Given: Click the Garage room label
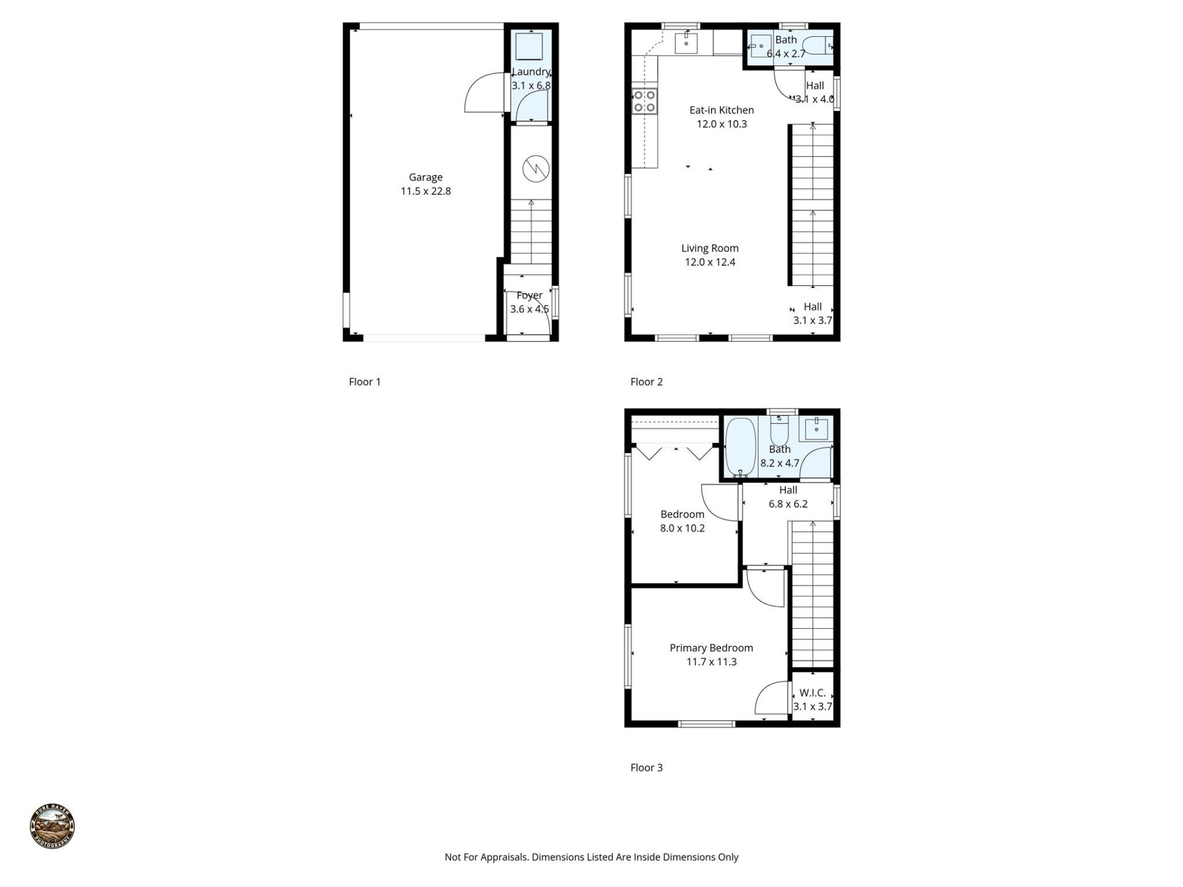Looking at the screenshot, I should (425, 177).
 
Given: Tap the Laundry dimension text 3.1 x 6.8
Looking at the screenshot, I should (531, 86).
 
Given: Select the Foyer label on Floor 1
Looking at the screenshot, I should (529, 296).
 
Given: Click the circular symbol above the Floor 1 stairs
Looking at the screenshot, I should (535, 168).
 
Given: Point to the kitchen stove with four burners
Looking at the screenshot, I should (644, 102).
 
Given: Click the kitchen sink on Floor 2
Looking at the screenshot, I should (686, 43).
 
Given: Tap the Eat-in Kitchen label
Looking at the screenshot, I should (721, 110).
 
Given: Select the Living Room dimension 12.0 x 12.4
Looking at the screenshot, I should (710, 262).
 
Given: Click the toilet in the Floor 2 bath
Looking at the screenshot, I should (819, 46).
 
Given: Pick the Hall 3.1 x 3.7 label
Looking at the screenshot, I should (812, 314).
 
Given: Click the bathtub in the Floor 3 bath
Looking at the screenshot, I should (740, 447).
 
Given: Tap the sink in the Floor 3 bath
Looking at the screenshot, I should (816, 427).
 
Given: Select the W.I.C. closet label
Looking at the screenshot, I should (812, 693).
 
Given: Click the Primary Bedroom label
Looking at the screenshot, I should (711, 648).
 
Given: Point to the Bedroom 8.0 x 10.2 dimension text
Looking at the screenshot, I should (682, 529).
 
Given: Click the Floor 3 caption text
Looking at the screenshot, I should (646, 768).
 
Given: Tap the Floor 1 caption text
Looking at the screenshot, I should (365, 382).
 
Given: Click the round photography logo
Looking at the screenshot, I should (52, 826).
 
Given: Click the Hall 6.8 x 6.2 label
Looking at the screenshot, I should (788, 497).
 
